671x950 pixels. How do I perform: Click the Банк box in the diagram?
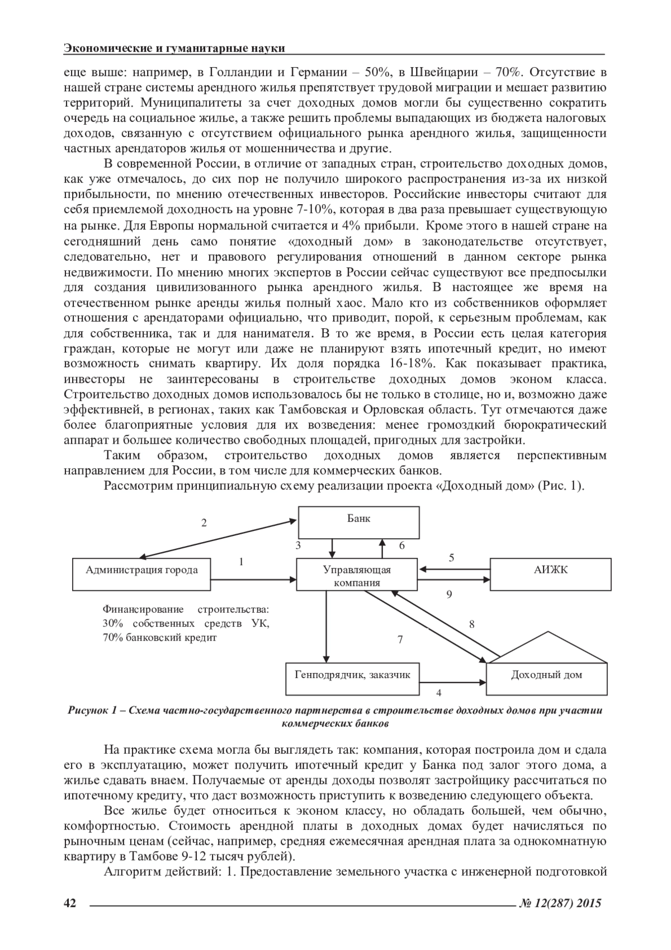coord(358,521)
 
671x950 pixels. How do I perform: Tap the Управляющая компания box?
coord(357,575)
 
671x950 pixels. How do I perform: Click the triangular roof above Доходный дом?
coord(546,647)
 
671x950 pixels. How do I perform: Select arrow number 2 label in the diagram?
coord(204,523)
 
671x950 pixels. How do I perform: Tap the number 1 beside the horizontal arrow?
coord(241,561)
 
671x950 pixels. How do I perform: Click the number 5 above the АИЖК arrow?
coord(451,558)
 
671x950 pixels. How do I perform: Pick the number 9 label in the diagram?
coord(449,595)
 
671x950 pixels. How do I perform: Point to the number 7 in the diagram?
coord(400,639)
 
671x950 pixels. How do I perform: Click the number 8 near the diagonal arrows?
coord(471,624)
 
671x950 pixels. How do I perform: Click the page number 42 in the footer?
coord(70,903)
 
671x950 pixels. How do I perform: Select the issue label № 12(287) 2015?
coord(560,903)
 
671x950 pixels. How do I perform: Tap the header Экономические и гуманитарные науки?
coord(174,49)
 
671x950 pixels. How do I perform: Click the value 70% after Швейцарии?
coord(508,72)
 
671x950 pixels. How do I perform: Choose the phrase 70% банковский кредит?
coord(159,638)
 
